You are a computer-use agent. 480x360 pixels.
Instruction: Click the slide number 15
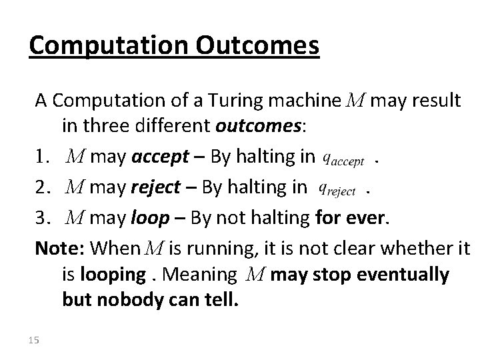click(x=35, y=340)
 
